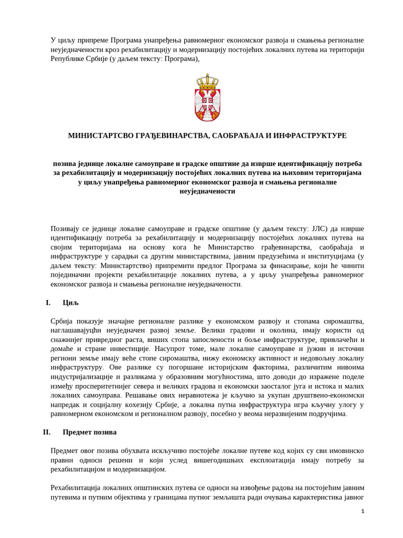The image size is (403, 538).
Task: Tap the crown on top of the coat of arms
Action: (x=207, y=82)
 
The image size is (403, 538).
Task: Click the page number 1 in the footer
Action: (x=363, y=511)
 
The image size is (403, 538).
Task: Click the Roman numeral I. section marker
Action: (x=48, y=303)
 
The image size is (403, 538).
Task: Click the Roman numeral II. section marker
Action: (x=47, y=432)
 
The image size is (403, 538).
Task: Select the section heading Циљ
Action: (x=70, y=303)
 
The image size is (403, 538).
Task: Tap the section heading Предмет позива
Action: (x=90, y=432)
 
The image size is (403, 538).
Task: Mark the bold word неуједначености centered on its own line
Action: (x=207, y=191)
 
